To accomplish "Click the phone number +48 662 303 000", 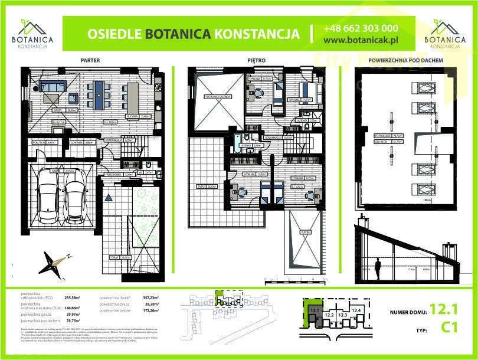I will click(x=361, y=28).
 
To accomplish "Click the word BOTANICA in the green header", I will click(x=178, y=34).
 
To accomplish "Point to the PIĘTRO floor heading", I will click(x=257, y=60).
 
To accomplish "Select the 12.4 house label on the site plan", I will click(x=356, y=310).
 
